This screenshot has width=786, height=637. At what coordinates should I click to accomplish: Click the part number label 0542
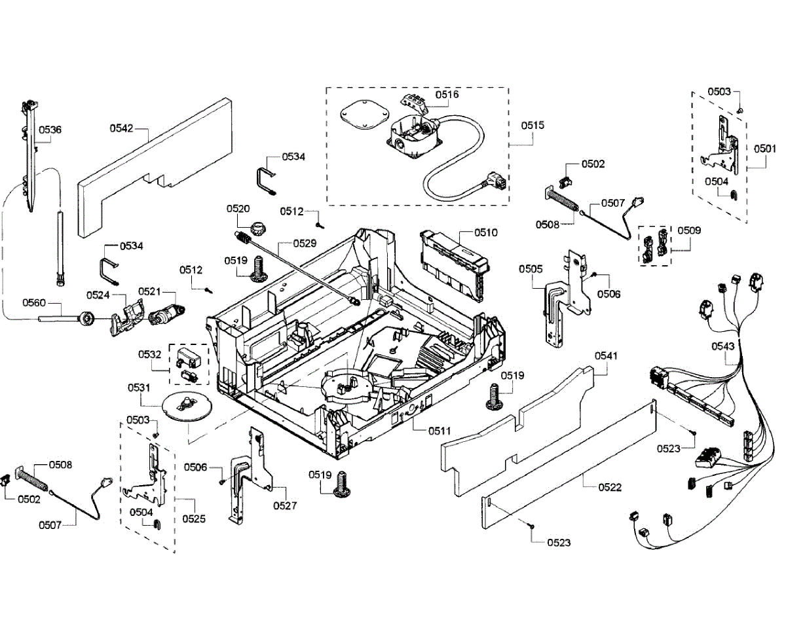pyautogui.click(x=121, y=128)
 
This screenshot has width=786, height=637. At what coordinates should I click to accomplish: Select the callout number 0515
pyautogui.click(x=533, y=124)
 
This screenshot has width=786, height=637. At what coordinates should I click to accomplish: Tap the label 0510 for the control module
pyautogui.click(x=486, y=232)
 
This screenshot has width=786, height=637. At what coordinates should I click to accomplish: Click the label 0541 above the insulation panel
pyautogui.click(x=606, y=355)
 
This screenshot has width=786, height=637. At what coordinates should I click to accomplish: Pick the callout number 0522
pyautogui.click(x=610, y=488)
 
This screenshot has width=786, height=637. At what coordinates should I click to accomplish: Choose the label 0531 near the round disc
pyautogui.click(x=138, y=388)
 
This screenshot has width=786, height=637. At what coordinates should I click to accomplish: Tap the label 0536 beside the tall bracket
pyautogui.click(x=50, y=130)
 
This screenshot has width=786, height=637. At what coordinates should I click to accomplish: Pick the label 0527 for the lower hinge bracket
pyautogui.click(x=286, y=505)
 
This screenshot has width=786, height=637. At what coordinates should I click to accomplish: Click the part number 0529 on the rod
pyautogui.click(x=305, y=243)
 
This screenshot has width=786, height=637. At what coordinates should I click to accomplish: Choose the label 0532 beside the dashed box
pyautogui.click(x=149, y=354)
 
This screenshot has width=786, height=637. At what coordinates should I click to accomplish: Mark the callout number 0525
pyautogui.click(x=194, y=519)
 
